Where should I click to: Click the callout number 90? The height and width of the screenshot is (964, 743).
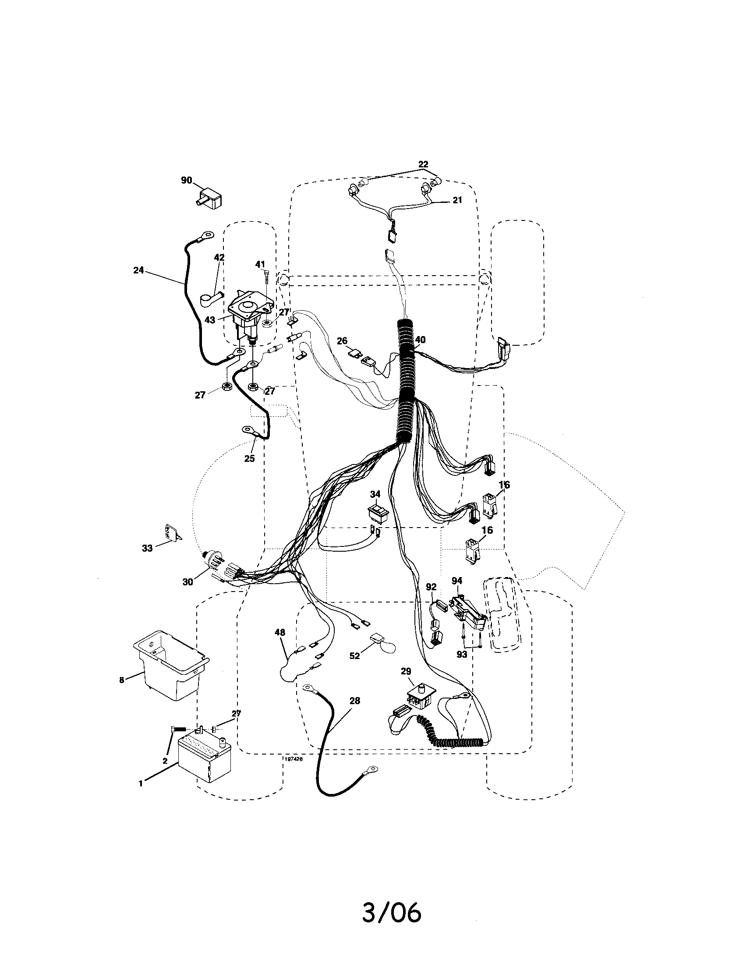(x=187, y=180)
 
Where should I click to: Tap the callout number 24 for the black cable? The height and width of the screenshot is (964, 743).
(x=138, y=270)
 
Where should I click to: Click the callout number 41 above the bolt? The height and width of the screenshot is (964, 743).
(x=260, y=264)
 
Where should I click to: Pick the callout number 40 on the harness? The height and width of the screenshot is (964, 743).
(x=420, y=340)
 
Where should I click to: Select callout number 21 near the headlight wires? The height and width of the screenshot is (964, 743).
(x=457, y=200)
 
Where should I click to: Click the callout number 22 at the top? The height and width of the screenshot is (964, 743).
(x=423, y=164)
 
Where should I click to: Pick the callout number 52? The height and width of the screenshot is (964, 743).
(x=355, y=668)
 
